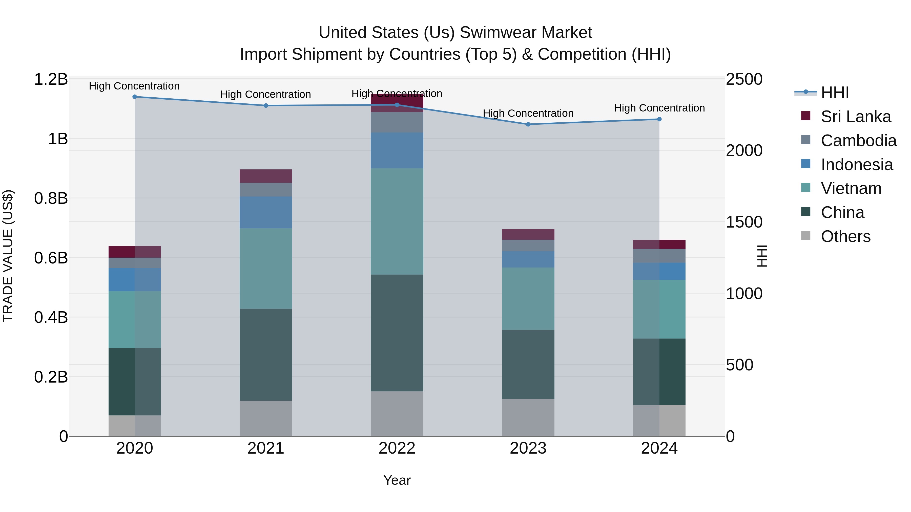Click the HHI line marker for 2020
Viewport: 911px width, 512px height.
(x=134, y=97)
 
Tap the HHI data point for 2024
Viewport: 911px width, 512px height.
(x=659, y=119)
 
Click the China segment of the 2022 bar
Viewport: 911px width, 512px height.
(x=397, y=332)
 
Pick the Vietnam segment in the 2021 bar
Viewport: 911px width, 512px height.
(x=266, y=268)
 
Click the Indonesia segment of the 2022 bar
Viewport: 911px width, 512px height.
(x=397, y=150)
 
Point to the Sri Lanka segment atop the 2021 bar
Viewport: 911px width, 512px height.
(x=266, y=176)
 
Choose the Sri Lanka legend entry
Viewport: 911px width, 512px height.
(x=856, y=117)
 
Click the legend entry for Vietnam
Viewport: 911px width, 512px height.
(x=851, y=188)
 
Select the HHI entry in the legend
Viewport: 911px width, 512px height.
(x=835, y=93)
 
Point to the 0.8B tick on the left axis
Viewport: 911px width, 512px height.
(x=51, y=198)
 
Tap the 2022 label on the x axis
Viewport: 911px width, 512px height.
(x=397, y=448)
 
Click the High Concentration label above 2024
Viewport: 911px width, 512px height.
(x=659, y=108)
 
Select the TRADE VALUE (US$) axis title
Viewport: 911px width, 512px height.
(x=8, y=256)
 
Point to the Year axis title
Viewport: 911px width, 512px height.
(x=397, y=480)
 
